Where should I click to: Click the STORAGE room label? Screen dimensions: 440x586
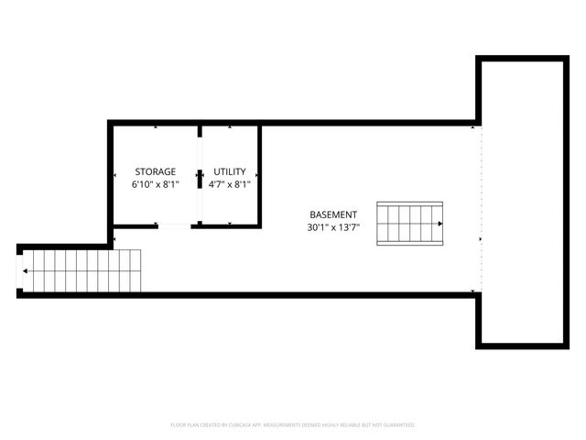(155, 171)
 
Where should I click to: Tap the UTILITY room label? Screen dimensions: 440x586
(230, 171)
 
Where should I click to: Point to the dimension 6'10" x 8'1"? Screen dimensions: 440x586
(155, 184)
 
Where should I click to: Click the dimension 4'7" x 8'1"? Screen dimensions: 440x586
(230, 184)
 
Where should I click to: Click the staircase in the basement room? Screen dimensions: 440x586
(410, 224)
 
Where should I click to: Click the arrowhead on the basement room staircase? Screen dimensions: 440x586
(440, 224)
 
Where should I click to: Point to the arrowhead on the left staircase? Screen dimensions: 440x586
(26, 270)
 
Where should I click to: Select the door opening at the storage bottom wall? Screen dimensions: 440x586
(174, 225)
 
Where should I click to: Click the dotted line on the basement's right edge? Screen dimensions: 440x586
(480, 211)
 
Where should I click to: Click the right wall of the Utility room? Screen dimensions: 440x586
(260, 174)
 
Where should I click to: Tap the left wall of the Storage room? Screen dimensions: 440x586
(110, 174)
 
